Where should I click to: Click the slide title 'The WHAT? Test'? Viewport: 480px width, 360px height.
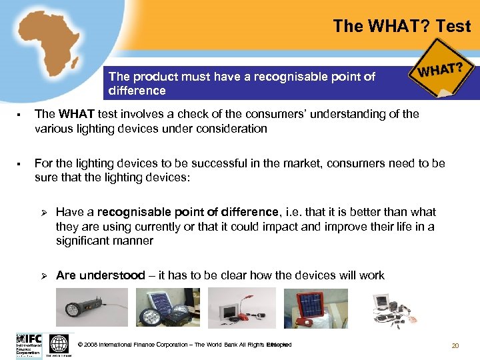pyautogui.click(x=401, y=27)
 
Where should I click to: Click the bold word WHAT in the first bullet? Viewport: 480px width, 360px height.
pyautogui.click(x=73, y=114)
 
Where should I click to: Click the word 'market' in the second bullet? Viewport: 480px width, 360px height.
pyautogui.click(x=299, y=163)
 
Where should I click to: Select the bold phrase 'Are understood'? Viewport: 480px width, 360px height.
pyautogui.click(x=100, y=275)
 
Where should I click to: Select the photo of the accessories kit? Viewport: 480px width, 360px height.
pyautogui.click(x=393, y=309)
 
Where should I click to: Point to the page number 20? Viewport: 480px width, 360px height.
pyautogui.click(x=455, y=345)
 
